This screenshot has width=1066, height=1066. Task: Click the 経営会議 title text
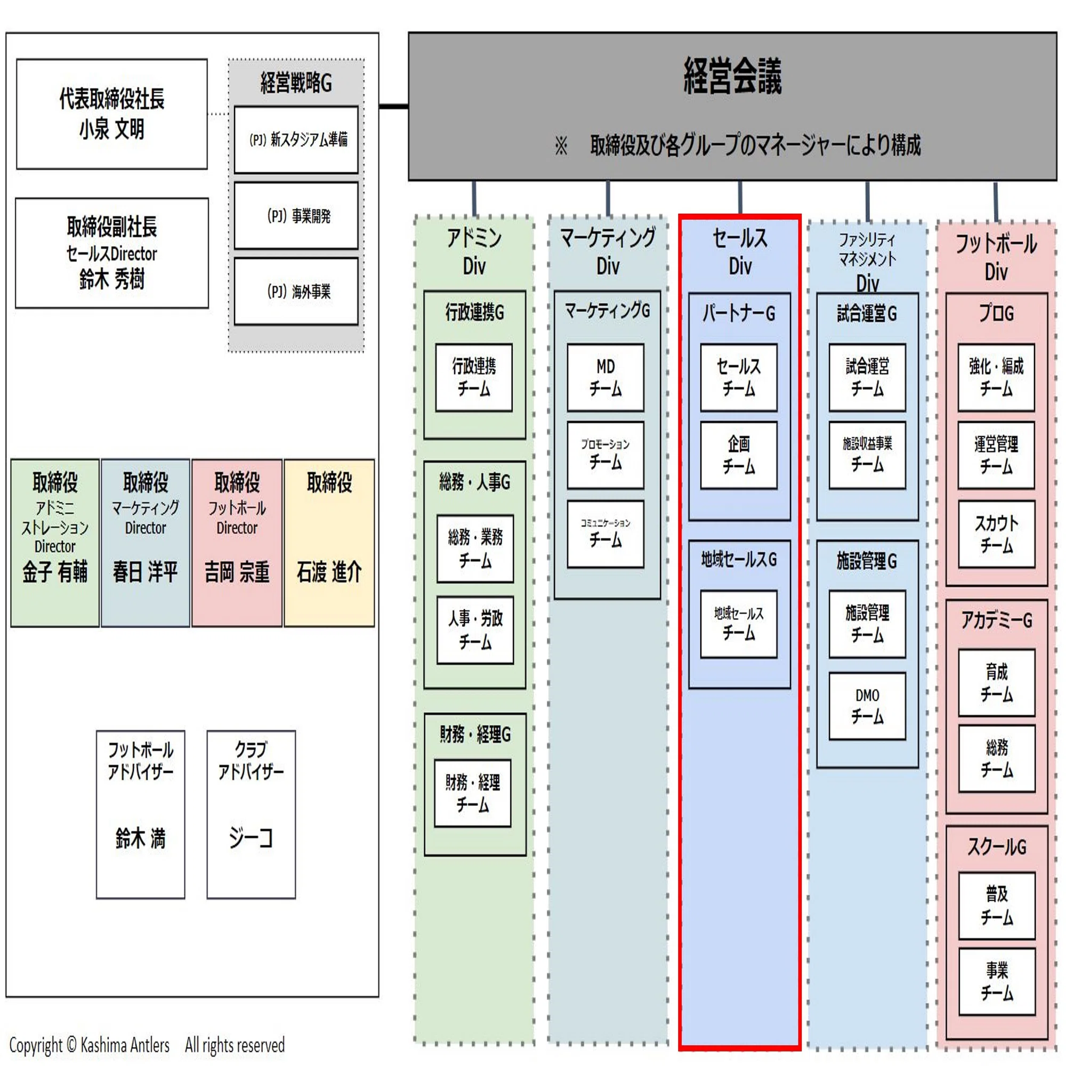[x=732, y=76]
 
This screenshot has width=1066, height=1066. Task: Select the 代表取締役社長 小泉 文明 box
[x=112, y=114]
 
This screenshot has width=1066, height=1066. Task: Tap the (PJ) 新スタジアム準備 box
[x=296, y=140]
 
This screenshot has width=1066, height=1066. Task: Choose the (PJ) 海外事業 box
[x=296, y=292]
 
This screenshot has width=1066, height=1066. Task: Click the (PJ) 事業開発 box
[x=296, y=216]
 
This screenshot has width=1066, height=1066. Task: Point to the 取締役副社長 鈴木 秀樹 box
[x=112, y=253]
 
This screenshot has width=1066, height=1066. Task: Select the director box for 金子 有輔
[x=55, y=543]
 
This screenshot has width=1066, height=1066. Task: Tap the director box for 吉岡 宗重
[x=237, y=543]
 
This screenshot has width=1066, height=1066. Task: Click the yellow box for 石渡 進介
[x=329, y=543]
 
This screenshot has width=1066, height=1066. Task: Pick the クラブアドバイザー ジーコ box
[x=251, y=815]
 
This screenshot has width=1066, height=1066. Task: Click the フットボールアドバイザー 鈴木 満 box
[x=141, y=815]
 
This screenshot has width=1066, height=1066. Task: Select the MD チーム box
[x=606, y=378]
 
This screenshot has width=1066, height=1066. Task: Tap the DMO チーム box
[x=867, y=706]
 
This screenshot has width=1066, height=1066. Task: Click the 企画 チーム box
[x=739, y=456]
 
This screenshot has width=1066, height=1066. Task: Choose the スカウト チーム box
[x=997, y=534]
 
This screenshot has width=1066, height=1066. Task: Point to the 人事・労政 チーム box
[x=475, y=630]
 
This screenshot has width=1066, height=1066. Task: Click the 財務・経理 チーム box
[x=473, y=794]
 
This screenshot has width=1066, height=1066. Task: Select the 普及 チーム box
[x=997, y=906]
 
